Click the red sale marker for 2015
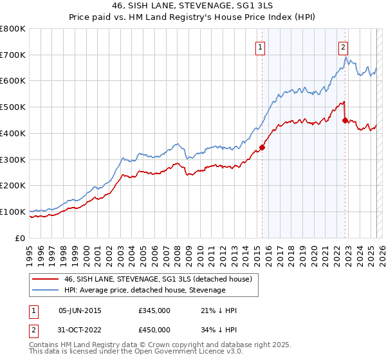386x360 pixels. coord(262,147)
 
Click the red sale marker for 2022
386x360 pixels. coord(345,120)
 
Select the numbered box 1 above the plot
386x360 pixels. coord(260,46)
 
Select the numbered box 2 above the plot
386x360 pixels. coord(344,46)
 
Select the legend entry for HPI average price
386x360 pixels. coord(145,290)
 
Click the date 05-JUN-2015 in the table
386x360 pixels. coord(80,310)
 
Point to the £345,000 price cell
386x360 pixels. coord(154,310)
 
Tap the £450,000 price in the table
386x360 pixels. coord(154,330)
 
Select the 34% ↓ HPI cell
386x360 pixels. coord(219,330)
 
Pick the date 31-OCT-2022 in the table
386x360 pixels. coord(80,330)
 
